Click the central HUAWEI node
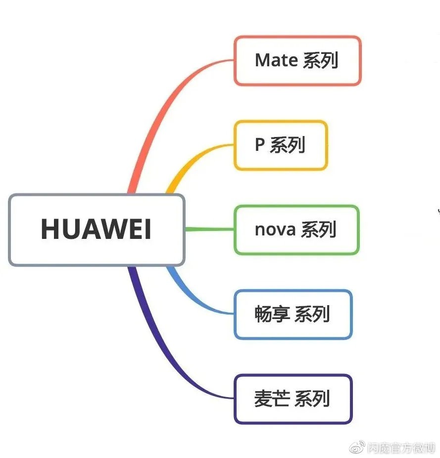tap(97, 229)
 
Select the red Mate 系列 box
tap(297, 60)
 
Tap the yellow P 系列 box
tap(280, 145)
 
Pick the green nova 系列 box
tap(296, 229)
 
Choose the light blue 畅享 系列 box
tap(293, 315)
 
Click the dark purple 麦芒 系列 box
tap(293, 399)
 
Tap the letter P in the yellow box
tap(259, 145)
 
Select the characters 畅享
tap(272, 315)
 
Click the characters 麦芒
tap(272, 399)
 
